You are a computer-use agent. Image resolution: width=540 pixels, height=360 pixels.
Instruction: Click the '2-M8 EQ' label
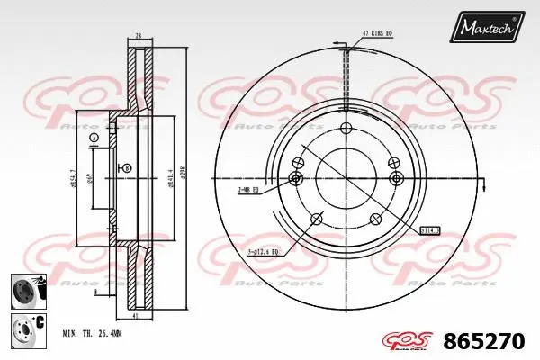point(248,190)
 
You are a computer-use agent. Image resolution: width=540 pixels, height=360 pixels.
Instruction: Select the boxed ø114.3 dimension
point(430,229)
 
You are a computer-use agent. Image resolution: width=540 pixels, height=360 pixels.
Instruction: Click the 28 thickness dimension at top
point(139,36)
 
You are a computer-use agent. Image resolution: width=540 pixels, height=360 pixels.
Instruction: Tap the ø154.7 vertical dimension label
point(72,177)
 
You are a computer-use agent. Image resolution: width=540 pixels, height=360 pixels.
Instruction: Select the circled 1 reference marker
point(94,137)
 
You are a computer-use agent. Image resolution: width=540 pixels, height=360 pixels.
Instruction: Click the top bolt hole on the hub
point(345,128)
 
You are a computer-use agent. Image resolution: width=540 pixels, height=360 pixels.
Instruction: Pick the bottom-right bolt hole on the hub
point(376,219)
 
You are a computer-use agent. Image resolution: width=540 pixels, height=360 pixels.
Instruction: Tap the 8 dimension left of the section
point(96,231)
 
